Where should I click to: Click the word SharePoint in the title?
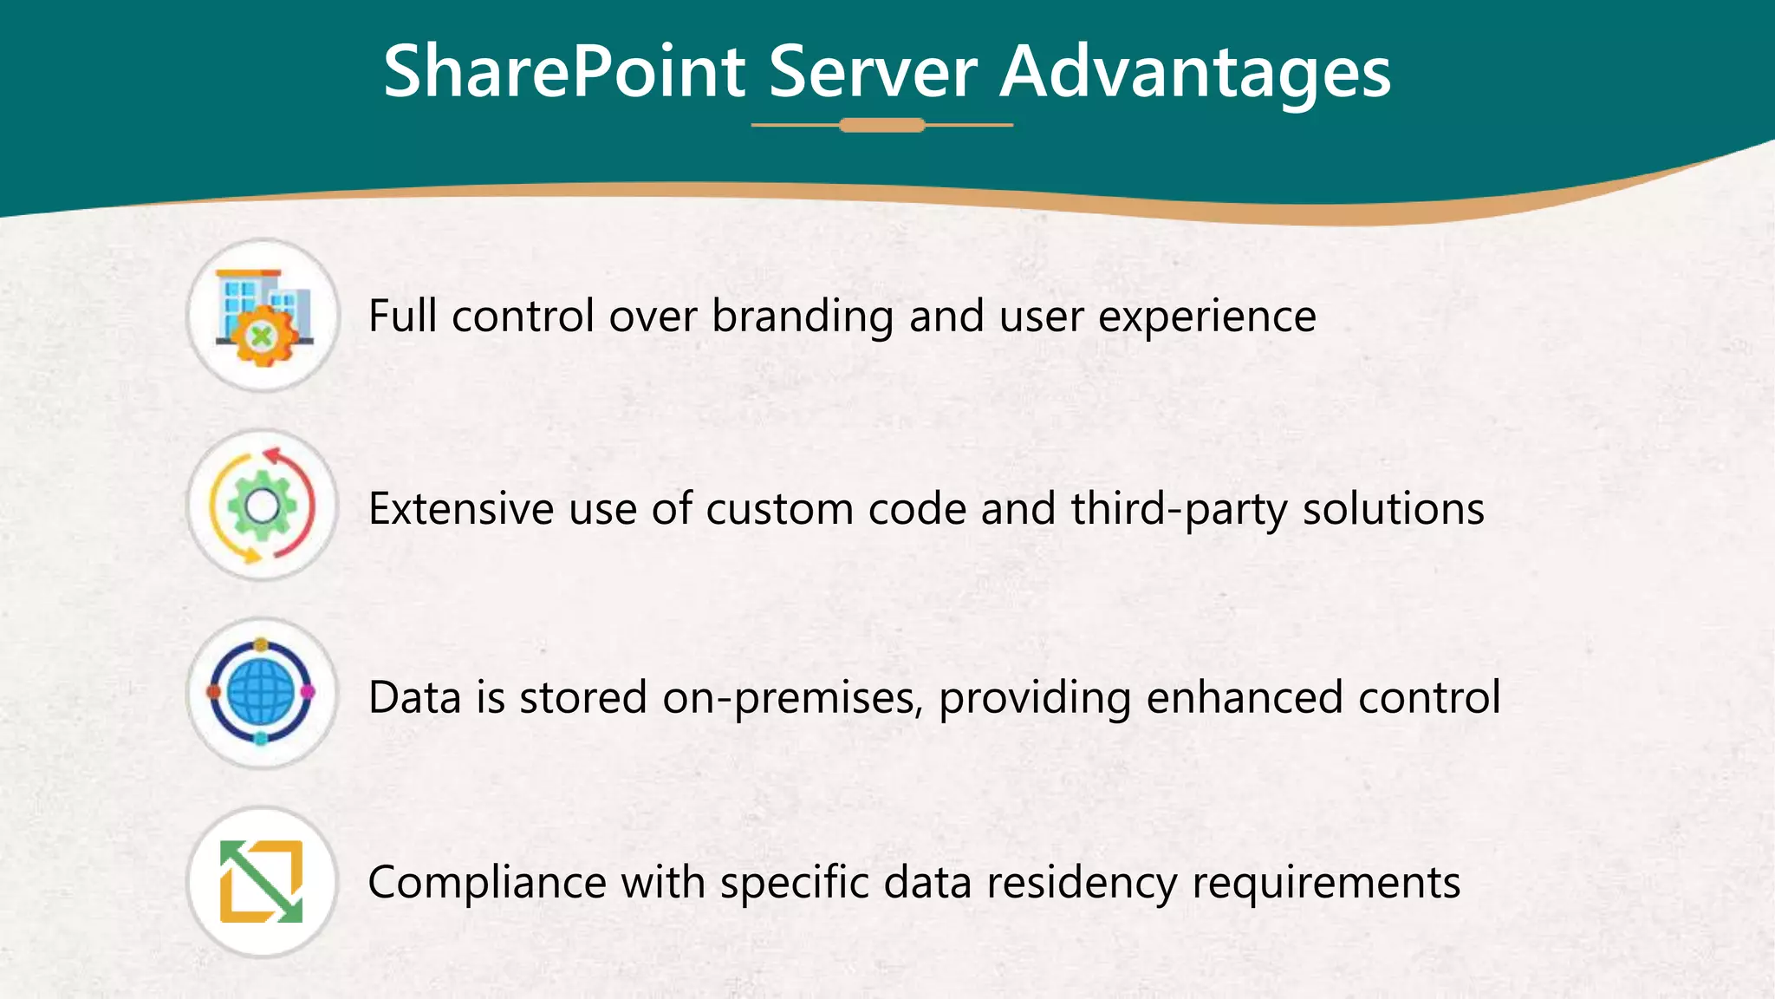point(564,71)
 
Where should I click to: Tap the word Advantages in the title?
point(1195,71)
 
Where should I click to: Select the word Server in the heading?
point(873,71)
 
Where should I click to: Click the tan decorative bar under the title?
point(882,126)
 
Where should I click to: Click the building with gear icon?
point(263,317)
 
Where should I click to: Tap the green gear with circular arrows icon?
point(263,506)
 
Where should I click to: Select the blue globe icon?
point(262,693)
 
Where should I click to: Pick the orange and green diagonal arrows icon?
point(262,882)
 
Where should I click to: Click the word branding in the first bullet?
point(803,317)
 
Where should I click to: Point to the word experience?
point(1207,317)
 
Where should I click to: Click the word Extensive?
point(461,509)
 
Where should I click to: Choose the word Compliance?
point(486,884)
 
